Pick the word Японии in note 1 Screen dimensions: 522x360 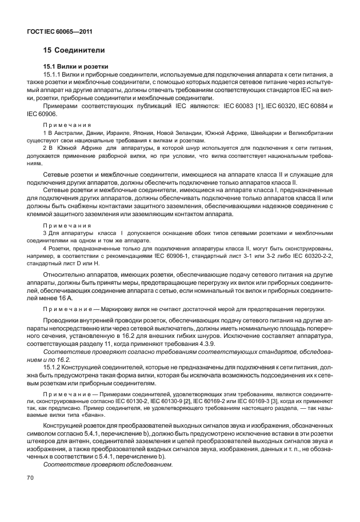(x=134, y=133)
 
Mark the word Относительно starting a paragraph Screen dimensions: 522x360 (x=66, y=276)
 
